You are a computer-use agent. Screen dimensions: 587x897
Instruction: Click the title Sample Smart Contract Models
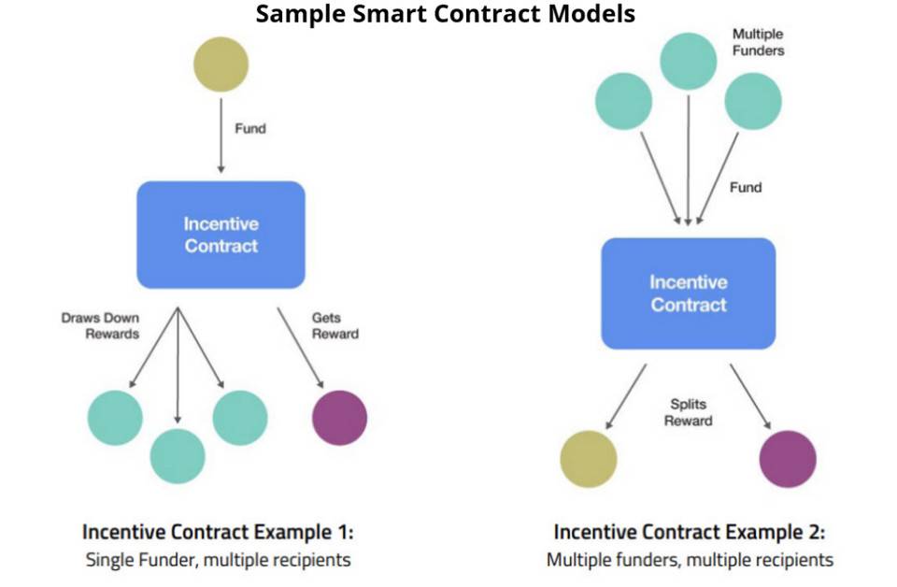(446, 14)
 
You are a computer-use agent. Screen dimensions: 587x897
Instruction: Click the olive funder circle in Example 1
(221, 64)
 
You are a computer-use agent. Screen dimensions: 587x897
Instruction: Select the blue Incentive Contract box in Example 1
(221, 235)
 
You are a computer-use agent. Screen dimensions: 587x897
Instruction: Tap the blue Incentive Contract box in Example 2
(688, 292)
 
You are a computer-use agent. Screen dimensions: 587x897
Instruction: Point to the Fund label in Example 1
(249, 129)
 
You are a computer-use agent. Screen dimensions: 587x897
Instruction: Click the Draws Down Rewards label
(99, 325)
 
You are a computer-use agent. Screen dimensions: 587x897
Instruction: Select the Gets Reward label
(335, 325)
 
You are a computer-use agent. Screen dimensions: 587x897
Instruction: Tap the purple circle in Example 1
(339, 418)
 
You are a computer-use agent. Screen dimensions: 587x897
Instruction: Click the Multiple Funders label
(758, 42)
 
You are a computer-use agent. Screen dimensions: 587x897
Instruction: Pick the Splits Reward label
(688, 412)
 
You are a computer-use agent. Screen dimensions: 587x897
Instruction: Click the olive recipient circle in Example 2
(589, 460)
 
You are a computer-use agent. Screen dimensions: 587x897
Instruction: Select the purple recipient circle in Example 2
(788, 460)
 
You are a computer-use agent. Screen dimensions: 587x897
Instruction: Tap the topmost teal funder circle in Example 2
(688, 61)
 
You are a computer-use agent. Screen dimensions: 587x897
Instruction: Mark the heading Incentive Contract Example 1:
(219, 532)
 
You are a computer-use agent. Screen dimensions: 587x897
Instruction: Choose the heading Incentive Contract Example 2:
(690, 532)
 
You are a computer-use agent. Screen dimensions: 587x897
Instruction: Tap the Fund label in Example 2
(745, 188)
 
